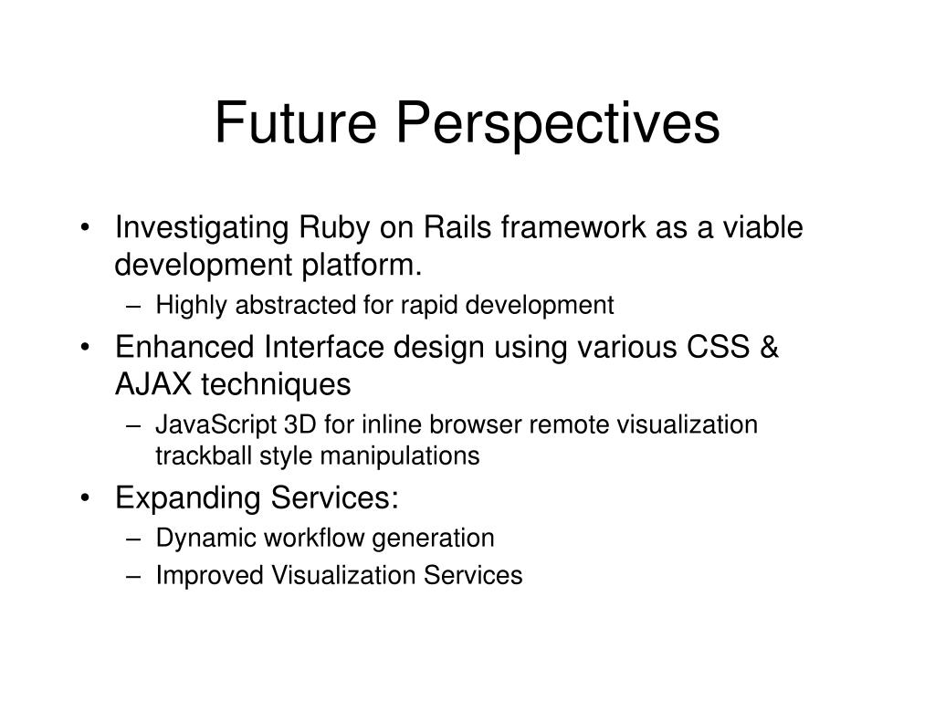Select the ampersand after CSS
[x=769, y=347]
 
